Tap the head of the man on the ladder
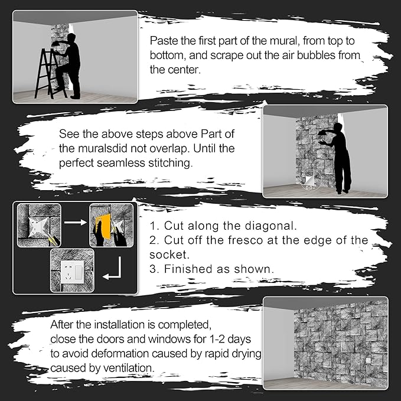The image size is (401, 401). pos(72,38)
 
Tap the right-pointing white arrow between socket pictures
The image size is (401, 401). pos(76,223)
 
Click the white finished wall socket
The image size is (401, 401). pos(73,272)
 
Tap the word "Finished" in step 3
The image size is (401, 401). pos(188,269)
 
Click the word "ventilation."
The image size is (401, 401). pos(129,369)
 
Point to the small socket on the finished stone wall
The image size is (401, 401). pos(368,361)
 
